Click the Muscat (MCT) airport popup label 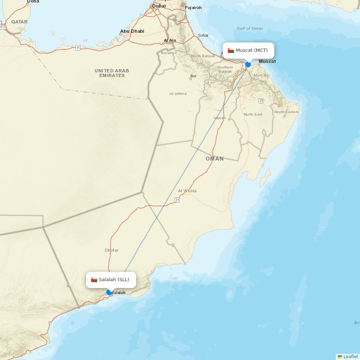pyautogui.click(x=252, y=50)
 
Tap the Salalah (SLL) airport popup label pyautogui.click(x=114, y=280)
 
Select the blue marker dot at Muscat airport pyautogui.click(x=248, y=64)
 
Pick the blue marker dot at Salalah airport pyautogui.click(x=109, y=292)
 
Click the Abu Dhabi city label pyautogui.click(x=132, y=31)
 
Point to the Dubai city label pyautogui.click(x=159, y=6)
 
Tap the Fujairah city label pyautogui.click(x=193, y=8)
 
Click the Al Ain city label pyautogui.click(x=170, y=40)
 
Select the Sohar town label pyautogui.click(x=203, y=36)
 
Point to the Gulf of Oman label pyautogui.click(x=249, y=28)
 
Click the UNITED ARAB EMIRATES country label pyautogui.click(x=112, y=73)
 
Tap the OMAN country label pyautogui.click(x=215, y=159)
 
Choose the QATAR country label pyautogui.click(x=19, y=22)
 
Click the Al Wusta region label pyautogui.click(x=187, y=191)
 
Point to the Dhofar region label pyautogui.click(x=112, y=250)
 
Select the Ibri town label pyautogui.click(x=193, y=76)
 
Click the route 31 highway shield pyautogui.click(x=177, y=200)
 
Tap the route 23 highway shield pyautogui.click(x=261, y=101)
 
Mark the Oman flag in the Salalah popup pyautogui.click(x=94, y=280)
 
